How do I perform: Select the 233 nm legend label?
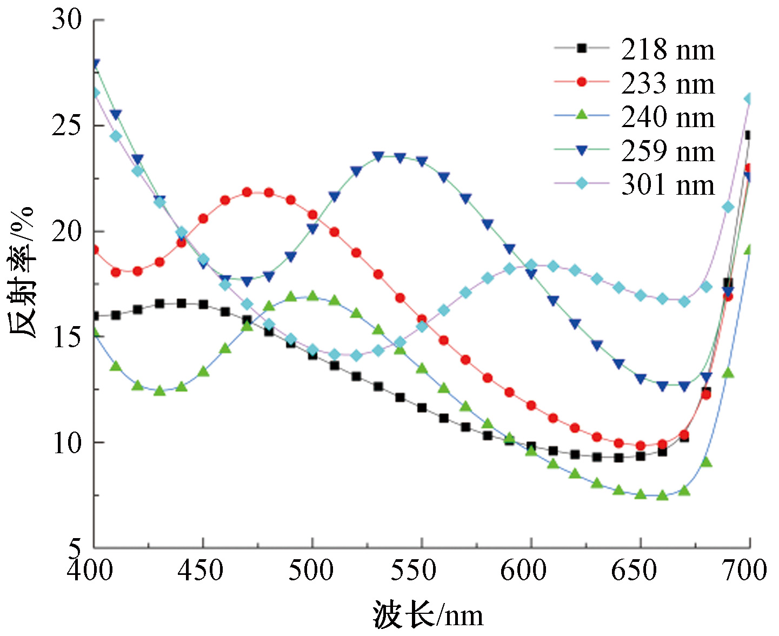tap(668, 84)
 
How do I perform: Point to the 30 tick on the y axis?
tap(66, 20)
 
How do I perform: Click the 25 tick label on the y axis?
tap(66, 125)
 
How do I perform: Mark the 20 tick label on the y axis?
tap(66, 231)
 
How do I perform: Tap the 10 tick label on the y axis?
tap(66, 443)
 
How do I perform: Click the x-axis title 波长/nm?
tap(427, 615)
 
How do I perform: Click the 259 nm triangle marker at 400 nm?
tap(95, 64)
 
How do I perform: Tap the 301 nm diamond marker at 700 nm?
tap(749, 98)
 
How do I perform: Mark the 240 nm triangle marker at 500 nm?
tap(312, 296)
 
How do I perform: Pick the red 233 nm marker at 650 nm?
tap(641, 446)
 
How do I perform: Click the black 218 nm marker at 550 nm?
tap(422, 408)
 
